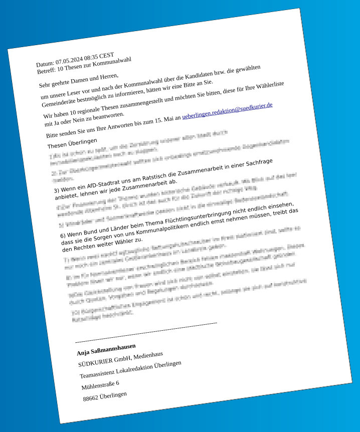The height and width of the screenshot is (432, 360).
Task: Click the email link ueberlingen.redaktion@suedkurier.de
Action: click(x=227, y=111)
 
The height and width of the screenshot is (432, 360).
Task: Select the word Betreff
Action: click(x=46, y=70)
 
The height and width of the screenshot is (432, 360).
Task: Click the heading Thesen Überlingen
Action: click(x=72, y=143)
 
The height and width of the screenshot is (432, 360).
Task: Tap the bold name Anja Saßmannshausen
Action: click(x=106, y=349)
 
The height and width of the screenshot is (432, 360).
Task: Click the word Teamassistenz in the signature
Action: click(x=97, y=373)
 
